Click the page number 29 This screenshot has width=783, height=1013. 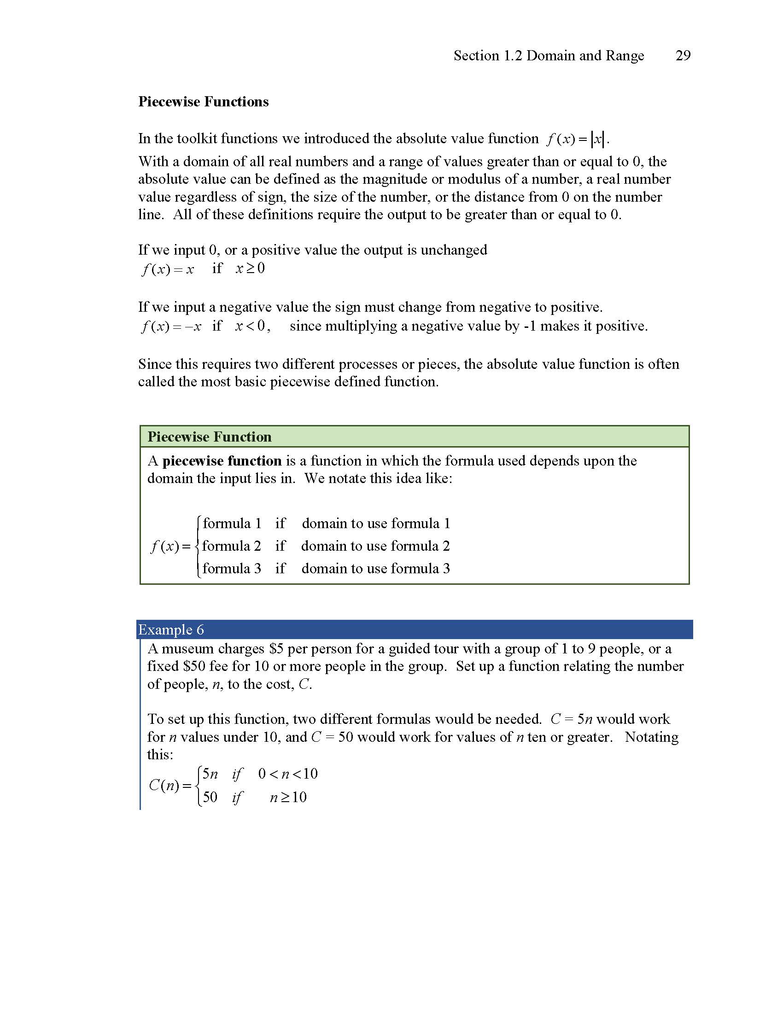tap(683, 56)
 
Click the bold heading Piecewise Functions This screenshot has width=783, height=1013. tap(203, 102)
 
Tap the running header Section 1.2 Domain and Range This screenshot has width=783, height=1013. tap(548, 56)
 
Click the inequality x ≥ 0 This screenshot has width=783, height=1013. tap(250, 268)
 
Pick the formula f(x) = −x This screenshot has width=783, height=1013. tap(171, 326)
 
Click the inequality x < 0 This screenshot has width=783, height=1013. tap(250, 326)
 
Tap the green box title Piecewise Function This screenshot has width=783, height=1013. tap(209, 437)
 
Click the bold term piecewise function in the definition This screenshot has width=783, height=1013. tap(222, 461)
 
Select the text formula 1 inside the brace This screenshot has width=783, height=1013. tap(232, 524)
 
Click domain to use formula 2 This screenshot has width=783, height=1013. tap(375, 546)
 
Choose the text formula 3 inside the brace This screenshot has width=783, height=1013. tap(232, 569)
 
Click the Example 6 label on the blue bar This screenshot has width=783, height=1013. tap(171, 630)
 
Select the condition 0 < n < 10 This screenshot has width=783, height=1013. tap(287, 774)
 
